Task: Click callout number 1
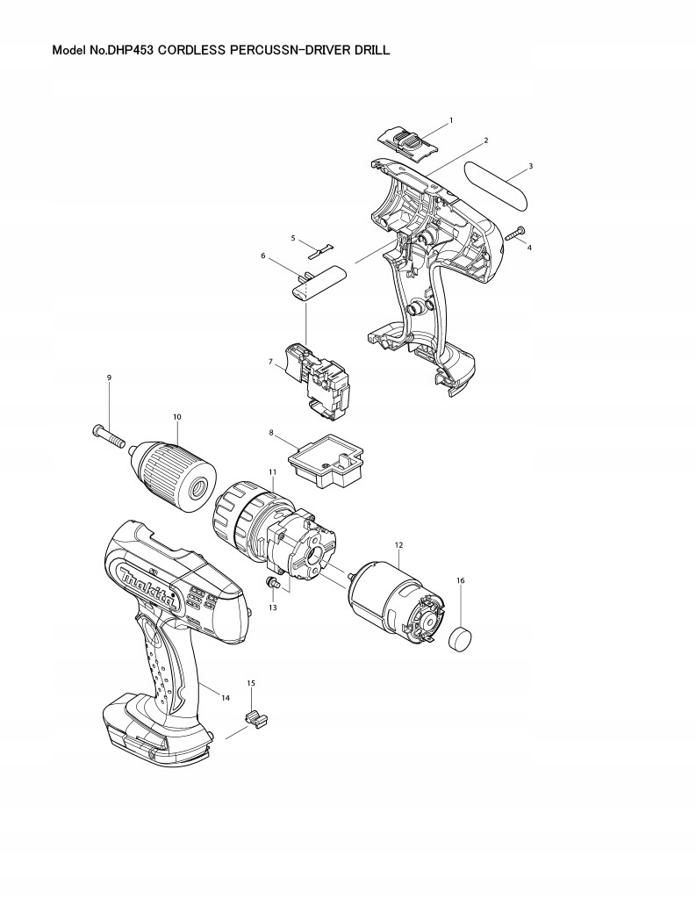pyautogui.click(x=450, y=119)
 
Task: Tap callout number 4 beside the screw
pyautogui.click(x=529, y=248)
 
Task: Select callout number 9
pyautogui.click(x=109, y=378)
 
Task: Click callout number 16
pyautogui.click(x=461, y=580)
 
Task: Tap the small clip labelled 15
pyautogui.click(x=255, y=718)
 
